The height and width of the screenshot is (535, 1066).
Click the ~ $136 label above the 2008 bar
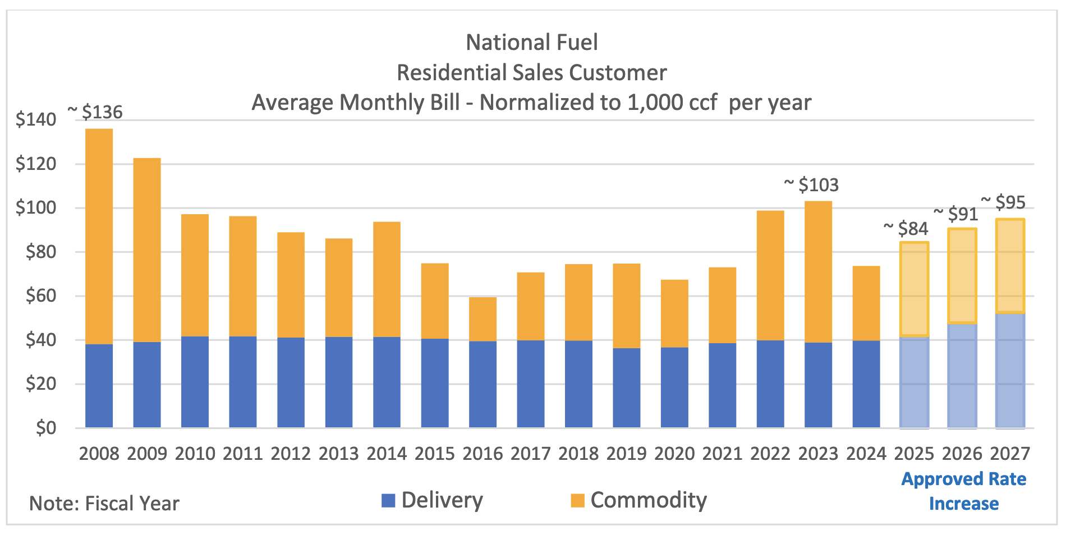point(95,112)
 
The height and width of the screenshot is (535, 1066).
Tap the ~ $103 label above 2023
point(811,185)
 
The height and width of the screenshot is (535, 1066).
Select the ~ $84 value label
point(906,229)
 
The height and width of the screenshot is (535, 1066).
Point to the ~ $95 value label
point(1003,202)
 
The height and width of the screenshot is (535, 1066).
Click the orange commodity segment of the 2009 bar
point(147,250)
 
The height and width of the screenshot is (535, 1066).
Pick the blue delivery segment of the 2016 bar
point(483,384)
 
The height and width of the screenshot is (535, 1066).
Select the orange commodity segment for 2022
point(770,275)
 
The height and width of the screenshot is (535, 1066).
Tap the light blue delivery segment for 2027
point(1010,370)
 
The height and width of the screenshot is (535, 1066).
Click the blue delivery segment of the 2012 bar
point(291,382)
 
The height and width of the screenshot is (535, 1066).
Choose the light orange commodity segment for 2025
point(914,289)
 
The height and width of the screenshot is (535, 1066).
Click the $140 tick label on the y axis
point(36,119)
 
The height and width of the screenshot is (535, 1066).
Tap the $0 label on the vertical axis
point(46,428)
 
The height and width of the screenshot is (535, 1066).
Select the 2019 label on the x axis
point(626,453)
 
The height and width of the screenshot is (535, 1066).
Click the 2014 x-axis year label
point(387,453)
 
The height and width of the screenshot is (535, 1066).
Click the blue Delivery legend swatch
point(388,500)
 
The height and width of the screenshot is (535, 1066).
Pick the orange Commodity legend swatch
point(577,500)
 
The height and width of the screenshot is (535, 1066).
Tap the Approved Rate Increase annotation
point(963,491)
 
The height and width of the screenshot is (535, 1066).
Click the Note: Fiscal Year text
point(104,504)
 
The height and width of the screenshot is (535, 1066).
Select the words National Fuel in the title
point(532,43)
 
